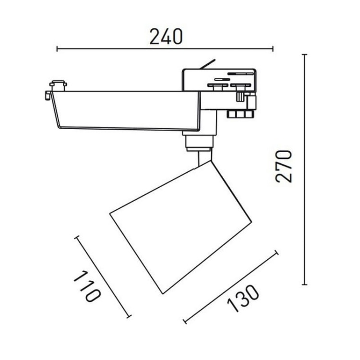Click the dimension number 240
click(166, 37)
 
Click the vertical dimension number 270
click(284, 166)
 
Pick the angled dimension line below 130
click(231, 286)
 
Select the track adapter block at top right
click(218, 82)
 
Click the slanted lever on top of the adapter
click(208, 64)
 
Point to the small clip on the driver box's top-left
click(58, 85)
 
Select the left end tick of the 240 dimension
click(57, 48)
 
